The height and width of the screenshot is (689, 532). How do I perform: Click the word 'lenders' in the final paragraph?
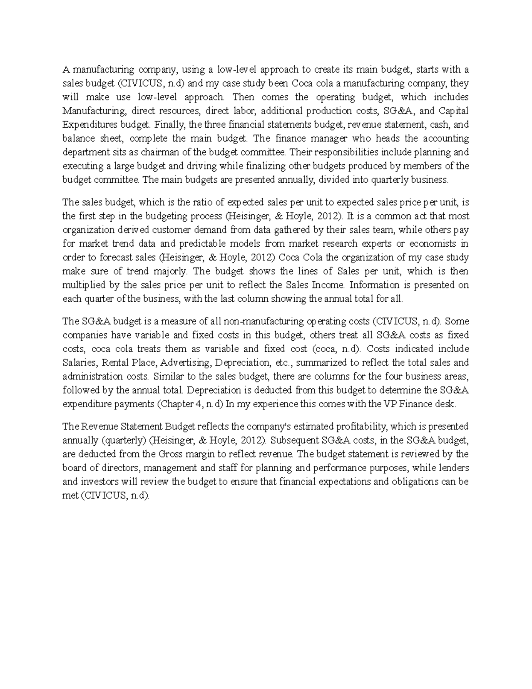pyautogui.click(x=453, y=468)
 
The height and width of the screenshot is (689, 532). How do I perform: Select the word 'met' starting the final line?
pyautogui.click(x=70, y=496)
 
